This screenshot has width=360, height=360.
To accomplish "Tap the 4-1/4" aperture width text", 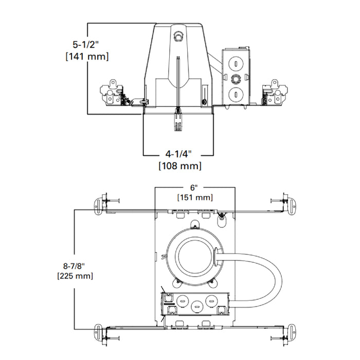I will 178,154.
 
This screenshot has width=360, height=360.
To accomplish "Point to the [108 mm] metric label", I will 178,166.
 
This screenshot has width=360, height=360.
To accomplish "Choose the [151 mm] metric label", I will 195,197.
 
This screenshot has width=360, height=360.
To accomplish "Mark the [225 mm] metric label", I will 75,276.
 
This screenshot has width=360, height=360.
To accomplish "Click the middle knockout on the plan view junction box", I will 196,306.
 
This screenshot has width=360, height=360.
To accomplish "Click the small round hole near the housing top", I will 178,37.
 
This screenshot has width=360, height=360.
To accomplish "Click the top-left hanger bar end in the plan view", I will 98,203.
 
